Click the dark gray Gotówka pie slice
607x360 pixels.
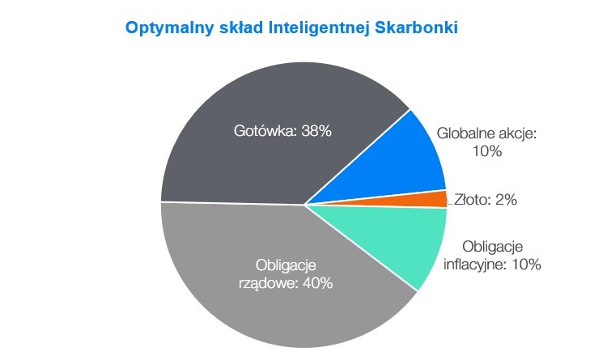coord(271,155)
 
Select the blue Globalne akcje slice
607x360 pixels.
coord(402,163)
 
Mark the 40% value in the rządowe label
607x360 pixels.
coord(317,283)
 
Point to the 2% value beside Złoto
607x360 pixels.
coord(507,200)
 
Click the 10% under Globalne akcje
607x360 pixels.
coord(487,151)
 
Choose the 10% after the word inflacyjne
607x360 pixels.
coord(526,265)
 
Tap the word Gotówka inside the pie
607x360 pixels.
coord(265,131)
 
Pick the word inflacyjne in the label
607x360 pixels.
coord(475,265)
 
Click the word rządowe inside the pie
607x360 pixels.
coord(268,284)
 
